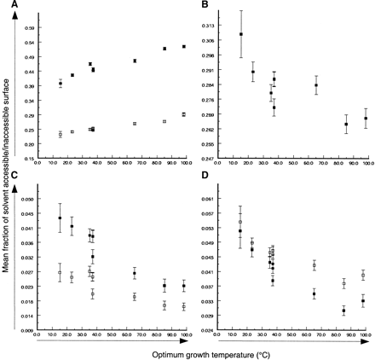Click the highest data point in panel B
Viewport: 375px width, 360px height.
241,34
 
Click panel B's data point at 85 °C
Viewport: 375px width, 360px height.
346,125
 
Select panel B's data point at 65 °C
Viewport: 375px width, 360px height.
316,84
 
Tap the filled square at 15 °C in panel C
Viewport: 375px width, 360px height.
60,218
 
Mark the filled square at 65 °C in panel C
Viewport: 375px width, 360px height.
135,273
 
